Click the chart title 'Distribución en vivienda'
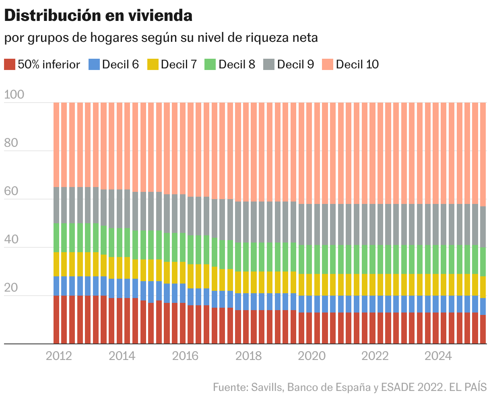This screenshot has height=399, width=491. (x=98, y=16)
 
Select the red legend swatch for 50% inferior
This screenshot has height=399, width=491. (x=10, y=64)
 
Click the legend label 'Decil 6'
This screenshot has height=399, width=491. (x=120, y=64)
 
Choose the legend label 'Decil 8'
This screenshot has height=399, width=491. (x=237, y=64)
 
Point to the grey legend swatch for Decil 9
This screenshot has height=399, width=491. (x=269, y=64)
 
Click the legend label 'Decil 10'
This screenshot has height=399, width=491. (x=357, y=64)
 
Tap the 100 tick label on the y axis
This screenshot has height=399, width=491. (x=14, y=95)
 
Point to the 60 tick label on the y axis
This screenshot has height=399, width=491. (x=11, y=191)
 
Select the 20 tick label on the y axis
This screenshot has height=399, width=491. (x=11, y=288)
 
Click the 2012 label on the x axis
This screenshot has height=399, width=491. (x=59, y=356)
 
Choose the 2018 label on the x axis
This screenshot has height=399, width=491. (x=248, y=356)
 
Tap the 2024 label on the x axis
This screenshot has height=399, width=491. (x=438, y=356)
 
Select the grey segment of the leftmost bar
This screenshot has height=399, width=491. (x=56, y=205)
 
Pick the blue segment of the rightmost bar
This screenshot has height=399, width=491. (x=483, y=306)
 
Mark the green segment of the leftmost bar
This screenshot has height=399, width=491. (x=56, y=238)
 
